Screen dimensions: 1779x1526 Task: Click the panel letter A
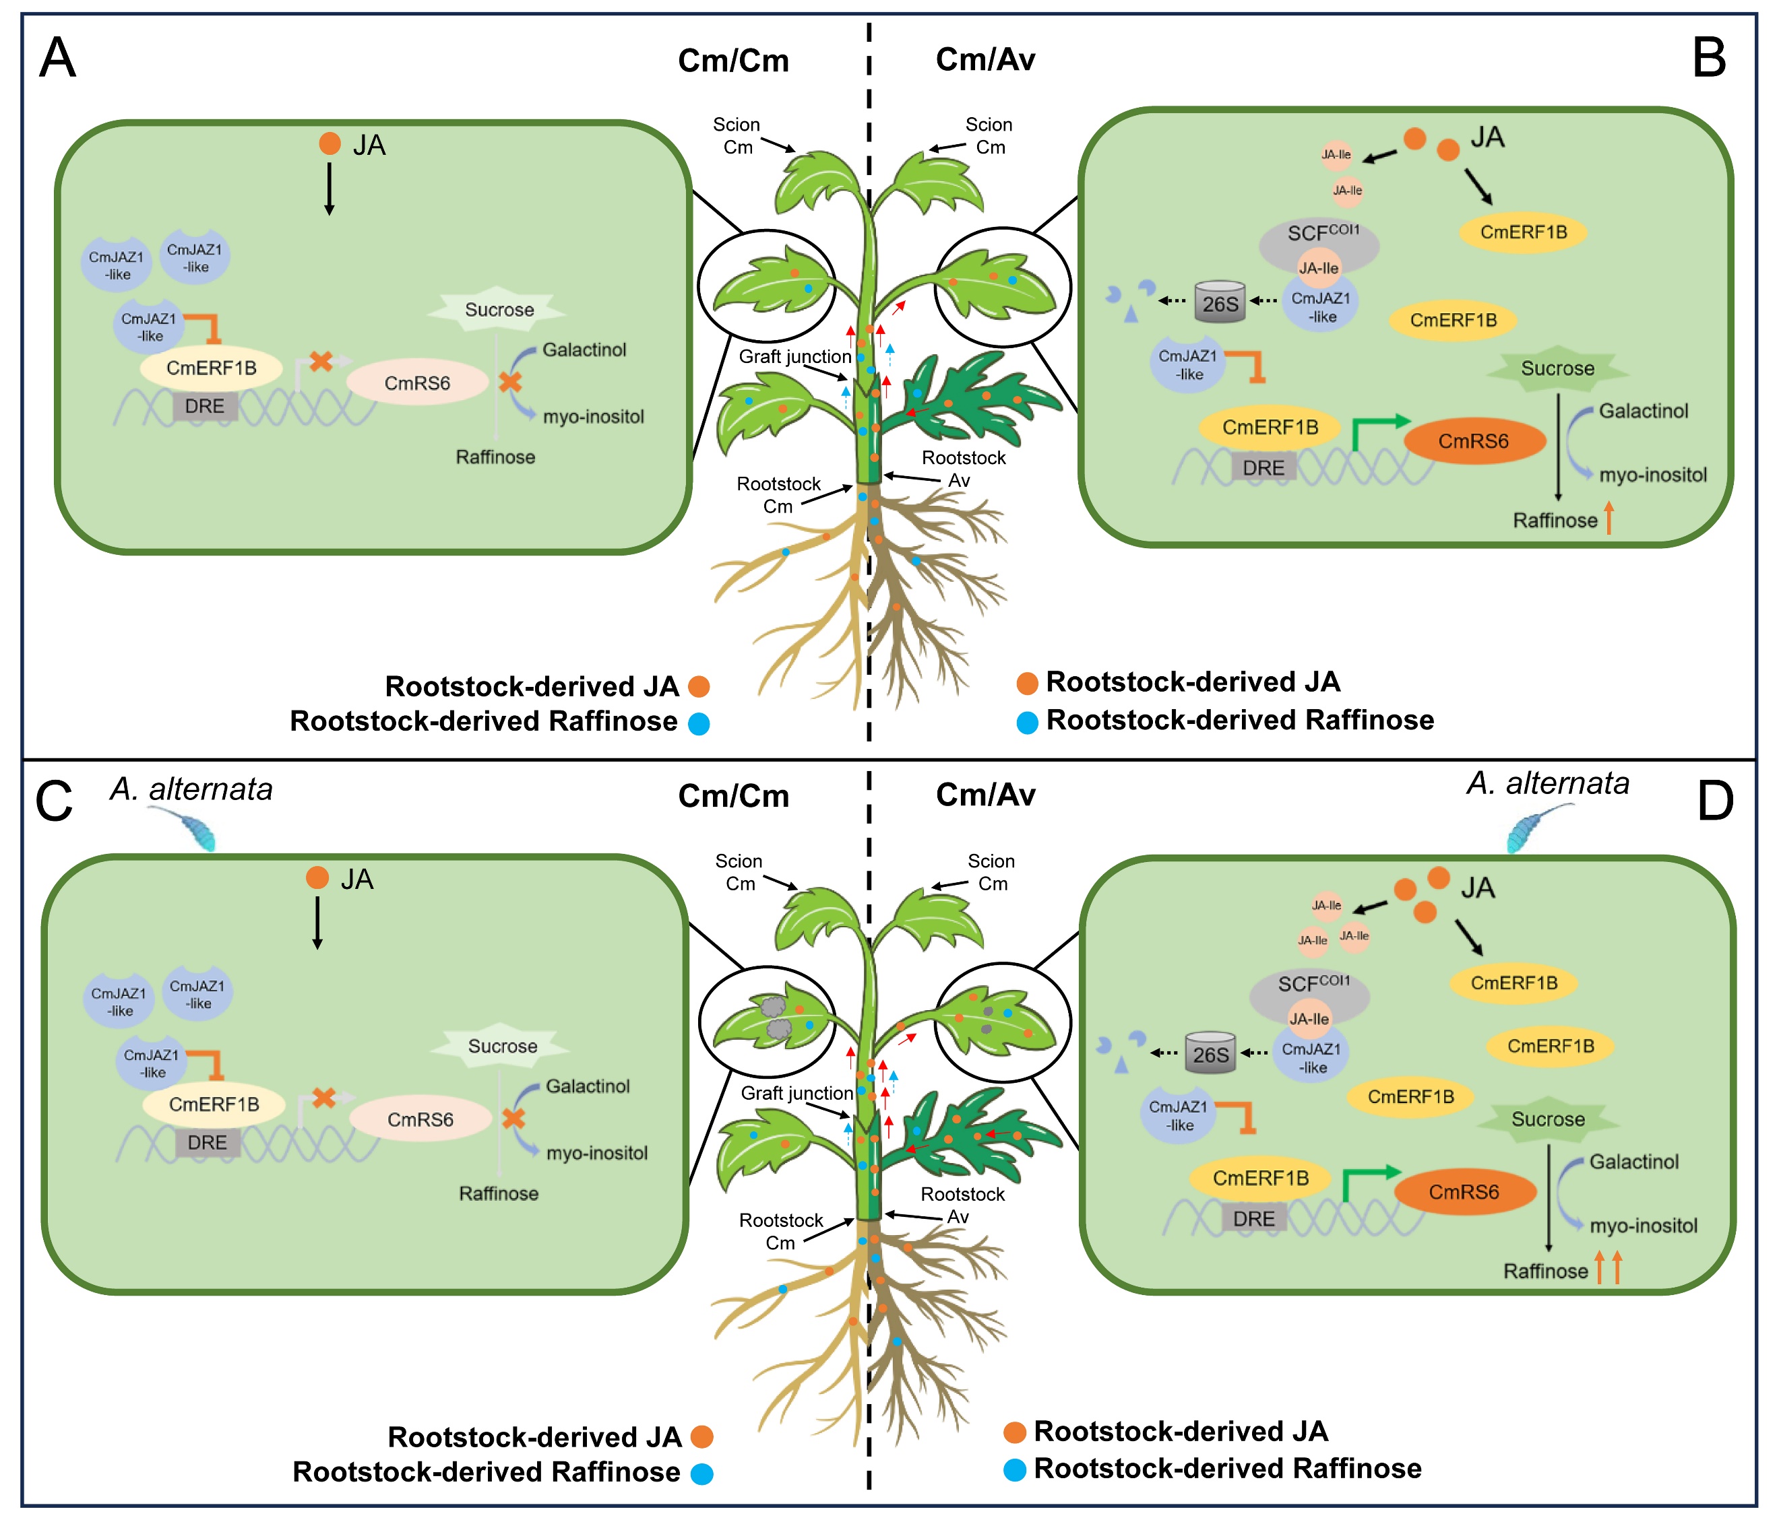point(57,59)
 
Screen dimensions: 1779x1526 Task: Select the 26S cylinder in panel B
point(1220,301)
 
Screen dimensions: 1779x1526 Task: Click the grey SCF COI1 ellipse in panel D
point(1309,994)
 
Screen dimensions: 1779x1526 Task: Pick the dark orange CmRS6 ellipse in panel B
point(1474,441)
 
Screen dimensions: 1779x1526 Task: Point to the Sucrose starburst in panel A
point(498,310)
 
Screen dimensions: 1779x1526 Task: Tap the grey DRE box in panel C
point(207,1142)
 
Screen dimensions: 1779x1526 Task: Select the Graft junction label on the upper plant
point(795,356)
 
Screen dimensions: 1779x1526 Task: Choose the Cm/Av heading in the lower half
point(986,795)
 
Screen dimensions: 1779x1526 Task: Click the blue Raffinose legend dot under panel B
point(1027,722)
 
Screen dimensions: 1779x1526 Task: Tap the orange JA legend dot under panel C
point(702,1436)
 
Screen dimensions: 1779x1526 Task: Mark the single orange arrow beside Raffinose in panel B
point(1609,519)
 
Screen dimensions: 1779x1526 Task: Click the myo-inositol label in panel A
point(593,416)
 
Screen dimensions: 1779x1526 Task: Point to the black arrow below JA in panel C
point(317,923)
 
